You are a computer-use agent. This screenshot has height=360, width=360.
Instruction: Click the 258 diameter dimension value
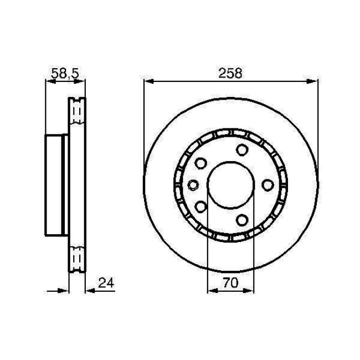(231, 73)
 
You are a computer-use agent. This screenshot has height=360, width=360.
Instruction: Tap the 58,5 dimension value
(65, 73)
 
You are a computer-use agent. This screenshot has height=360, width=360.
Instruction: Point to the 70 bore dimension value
(230, 283)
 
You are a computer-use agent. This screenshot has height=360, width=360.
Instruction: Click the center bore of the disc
(230, 185)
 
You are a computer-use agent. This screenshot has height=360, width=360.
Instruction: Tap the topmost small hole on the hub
(242, 150)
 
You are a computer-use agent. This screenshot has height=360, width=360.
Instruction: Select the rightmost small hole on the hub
(268, 185)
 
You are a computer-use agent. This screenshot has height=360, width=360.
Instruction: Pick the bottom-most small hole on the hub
(242, 220)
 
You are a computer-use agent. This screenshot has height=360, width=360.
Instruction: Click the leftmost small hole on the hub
(193, 185)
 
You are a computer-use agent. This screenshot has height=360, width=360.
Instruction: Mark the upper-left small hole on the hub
(200, 163)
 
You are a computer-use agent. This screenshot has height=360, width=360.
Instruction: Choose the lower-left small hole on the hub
(200, 207)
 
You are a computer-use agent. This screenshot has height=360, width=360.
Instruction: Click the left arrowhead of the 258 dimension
(148, 81)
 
